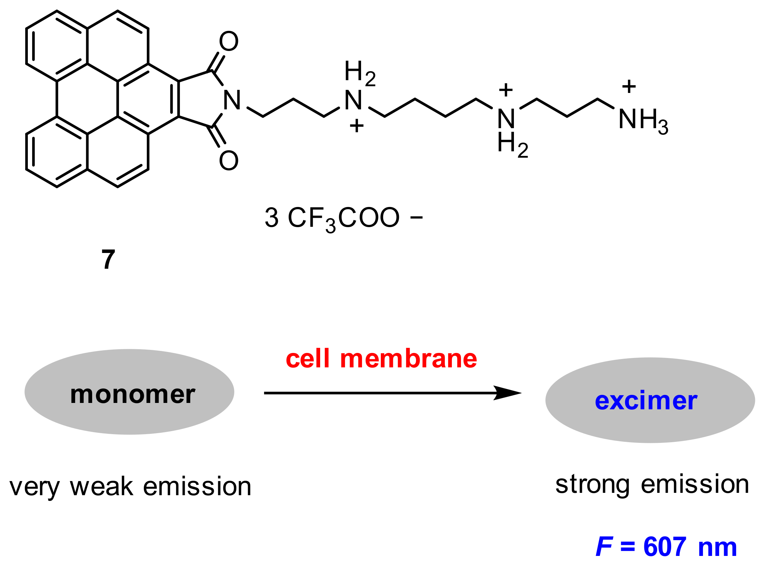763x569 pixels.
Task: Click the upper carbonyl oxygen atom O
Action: click(x=229, y=42)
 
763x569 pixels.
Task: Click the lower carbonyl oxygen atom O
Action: click(x=229, y=160)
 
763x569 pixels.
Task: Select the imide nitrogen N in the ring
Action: click(x=232, y=100)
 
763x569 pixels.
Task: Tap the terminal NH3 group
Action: click(x=643, y=120)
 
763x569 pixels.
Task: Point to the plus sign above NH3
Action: click(x=629, y=87)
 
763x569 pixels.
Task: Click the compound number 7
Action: click(x=108, y=259)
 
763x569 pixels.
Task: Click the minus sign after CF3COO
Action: click(x=416, y=217)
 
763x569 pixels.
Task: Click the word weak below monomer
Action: click(x=101, y=487)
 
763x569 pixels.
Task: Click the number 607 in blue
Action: click(x=665, y=547)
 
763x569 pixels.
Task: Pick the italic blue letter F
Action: click(x=604, y=547)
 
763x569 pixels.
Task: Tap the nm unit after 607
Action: click(x=717, y=547)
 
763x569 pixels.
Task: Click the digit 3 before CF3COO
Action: click(x=271, y=218)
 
